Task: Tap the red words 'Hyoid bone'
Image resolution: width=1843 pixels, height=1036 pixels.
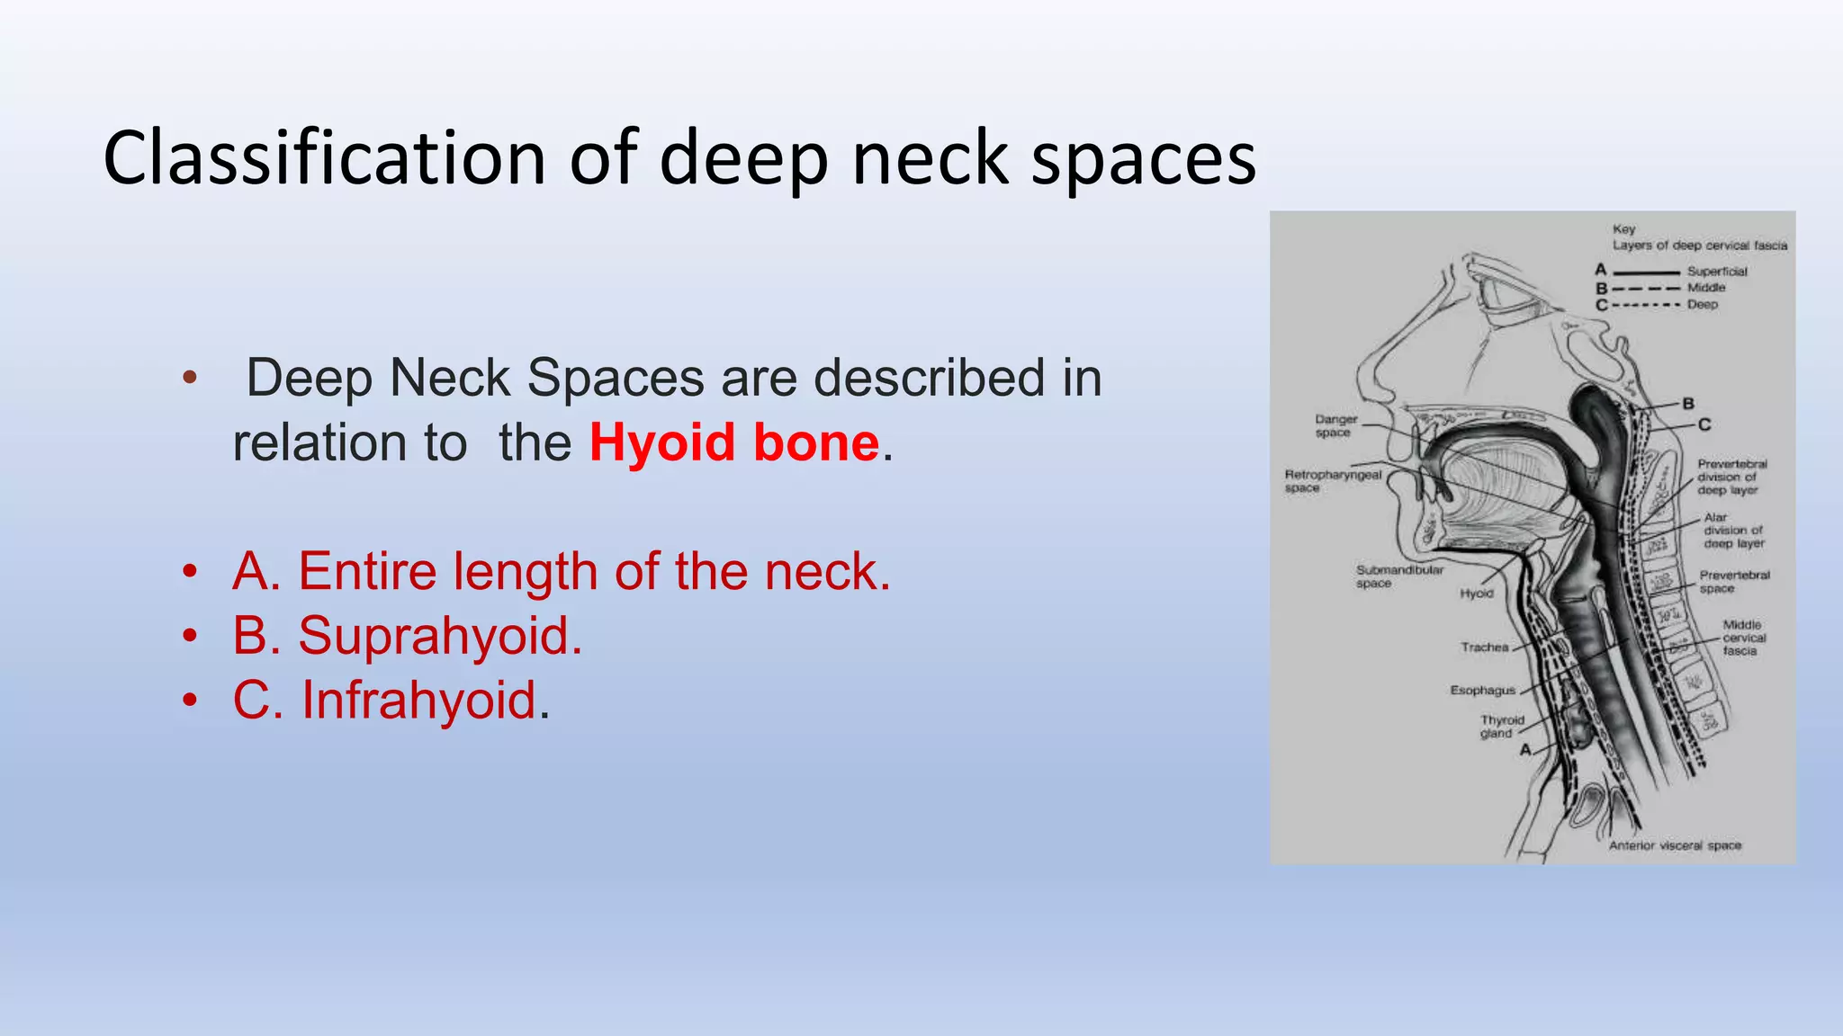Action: pos(733,442)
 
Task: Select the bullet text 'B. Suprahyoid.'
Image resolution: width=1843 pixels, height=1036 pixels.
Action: pos(407,636)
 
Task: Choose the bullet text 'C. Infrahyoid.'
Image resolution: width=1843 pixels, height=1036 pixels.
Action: pos(391,700)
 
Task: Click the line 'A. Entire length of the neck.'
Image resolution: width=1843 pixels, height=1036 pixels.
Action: pos(561,571)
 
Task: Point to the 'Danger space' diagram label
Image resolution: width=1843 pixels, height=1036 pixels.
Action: pos(1335,425)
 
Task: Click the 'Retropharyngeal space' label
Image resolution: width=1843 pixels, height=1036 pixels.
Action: pos(1333,480)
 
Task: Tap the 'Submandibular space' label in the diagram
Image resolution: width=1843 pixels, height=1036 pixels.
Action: pos(1399,576)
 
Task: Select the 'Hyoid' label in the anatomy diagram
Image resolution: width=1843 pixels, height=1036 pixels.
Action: pos(1477,594)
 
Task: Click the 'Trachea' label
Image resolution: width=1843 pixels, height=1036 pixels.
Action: pos(1484,647)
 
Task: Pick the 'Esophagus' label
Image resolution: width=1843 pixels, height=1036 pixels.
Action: pos(1482,690)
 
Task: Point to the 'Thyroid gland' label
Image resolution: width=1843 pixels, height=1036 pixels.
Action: pos(1502,726)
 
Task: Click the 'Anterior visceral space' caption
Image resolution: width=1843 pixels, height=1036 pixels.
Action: pos(1675,845)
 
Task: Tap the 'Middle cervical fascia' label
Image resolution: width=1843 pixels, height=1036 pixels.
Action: pos(1742,638)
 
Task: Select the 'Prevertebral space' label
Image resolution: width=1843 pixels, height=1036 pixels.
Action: pos(1734,581)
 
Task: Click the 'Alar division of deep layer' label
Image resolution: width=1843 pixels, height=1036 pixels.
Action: pos(1733,530)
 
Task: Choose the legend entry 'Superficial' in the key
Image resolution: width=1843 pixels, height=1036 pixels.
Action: pos(1717,271)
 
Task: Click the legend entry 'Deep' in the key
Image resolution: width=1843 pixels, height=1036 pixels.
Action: pos(1702,305)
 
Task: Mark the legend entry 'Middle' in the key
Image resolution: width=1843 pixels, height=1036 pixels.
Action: pos(1706,288)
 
